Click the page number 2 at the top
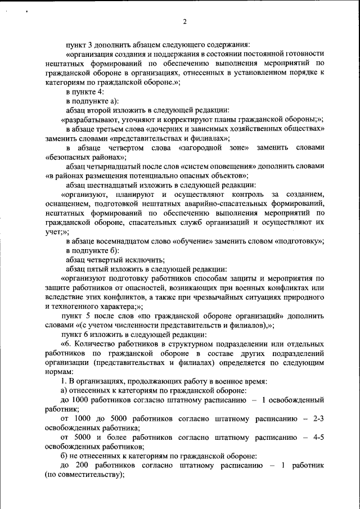(x=184, y=22)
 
